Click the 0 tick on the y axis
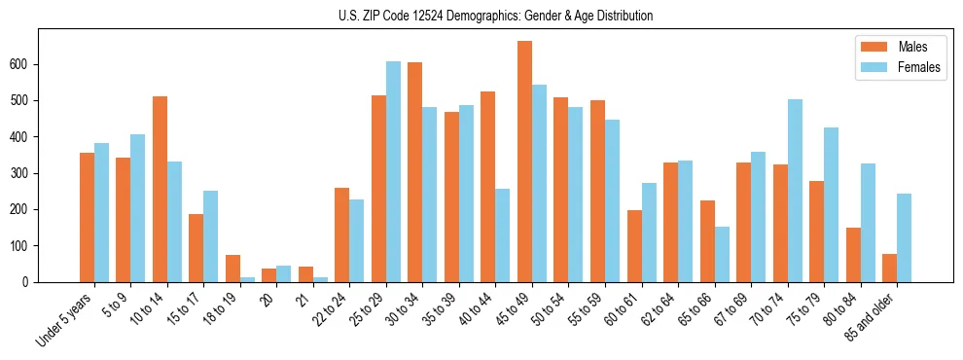coord(32,282)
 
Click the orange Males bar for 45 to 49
coord(524,162)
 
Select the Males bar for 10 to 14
coord(160,190)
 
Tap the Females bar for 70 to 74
coord(795,191)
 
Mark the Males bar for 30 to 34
coord(415,172)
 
